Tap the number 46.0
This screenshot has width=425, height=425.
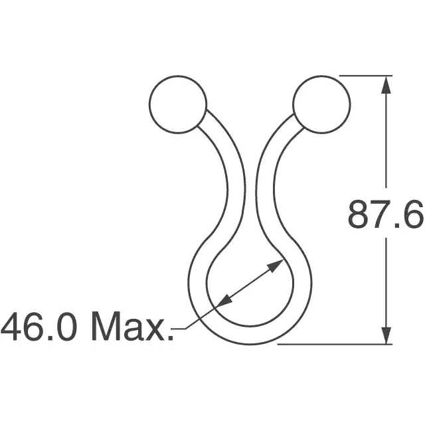(41, 327)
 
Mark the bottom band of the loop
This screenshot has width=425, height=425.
(249, 335)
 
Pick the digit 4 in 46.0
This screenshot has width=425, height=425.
(13, 327)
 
